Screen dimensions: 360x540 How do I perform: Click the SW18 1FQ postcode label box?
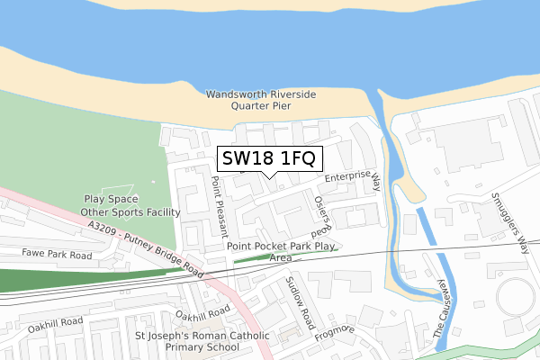(267, 159)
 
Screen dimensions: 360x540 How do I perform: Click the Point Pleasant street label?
(218, 205)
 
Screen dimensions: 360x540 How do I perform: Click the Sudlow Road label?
(299, 301)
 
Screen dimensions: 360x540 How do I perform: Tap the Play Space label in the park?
(108, 200)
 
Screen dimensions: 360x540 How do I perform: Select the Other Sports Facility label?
(130, 212)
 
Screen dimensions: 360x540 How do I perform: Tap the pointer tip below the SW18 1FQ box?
(267, 176)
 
